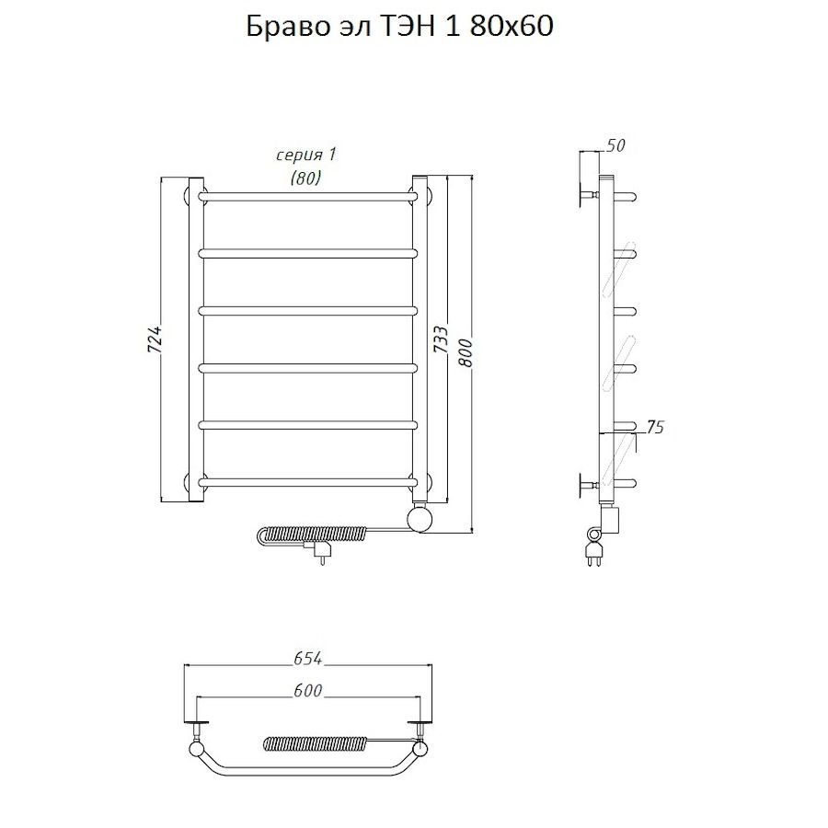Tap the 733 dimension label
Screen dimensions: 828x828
(441, 339)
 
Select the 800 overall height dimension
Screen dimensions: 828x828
(466, 352)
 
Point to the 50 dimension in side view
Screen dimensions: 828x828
(615, 145)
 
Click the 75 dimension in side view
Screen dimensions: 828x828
(654, 427)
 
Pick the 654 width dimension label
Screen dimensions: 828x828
(308, 659)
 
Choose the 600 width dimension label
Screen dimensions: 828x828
(308, 690)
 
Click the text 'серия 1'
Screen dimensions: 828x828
(306, 155)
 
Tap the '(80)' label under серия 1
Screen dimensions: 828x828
(305, 178)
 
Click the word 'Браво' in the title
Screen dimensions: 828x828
(286, 27)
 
